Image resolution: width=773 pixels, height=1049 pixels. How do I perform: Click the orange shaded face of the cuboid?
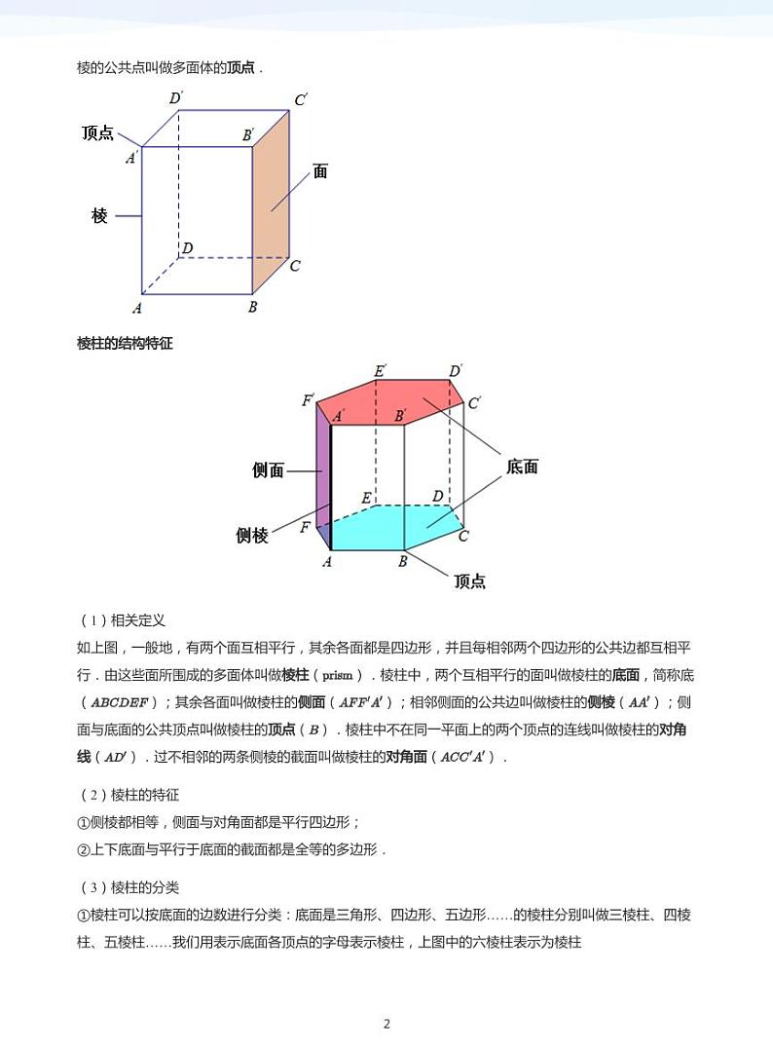pyautogui.click(x=272, y=205)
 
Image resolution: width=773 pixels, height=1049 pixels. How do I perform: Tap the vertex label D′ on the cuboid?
pyautogui.click(x=176, y=97)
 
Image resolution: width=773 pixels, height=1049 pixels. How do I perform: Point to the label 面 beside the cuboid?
pyautogui.click(x=320, y=171)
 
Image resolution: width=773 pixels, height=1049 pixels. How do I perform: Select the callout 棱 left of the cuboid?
pyautogui.click(x=99, y=216)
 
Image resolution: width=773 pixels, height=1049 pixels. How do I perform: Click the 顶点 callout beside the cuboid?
pyautogui.click(x=98, y=133)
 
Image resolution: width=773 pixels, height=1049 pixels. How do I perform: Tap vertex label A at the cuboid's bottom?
pyautogui.click(x=137, y=309)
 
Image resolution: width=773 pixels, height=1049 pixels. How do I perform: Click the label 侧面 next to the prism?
pyautogui.click(x=268, y=470)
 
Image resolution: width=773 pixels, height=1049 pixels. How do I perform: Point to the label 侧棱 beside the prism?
pyautogui.click(x=252, y=535)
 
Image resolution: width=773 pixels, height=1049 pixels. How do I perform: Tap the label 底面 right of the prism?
pyautogui.click(x=523, y=467)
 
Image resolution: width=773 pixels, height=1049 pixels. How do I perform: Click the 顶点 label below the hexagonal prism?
pyautogui.click(x=469, y=581)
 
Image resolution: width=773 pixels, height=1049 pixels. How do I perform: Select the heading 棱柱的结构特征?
pyautogui.click(x=125, y=343)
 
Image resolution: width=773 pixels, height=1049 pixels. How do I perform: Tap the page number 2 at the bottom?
pyautogui.click(x=386, y=1023)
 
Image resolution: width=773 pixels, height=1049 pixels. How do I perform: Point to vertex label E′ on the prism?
pyautogui.click(x=381, y=370)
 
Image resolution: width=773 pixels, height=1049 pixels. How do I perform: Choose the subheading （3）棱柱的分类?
pyautogui.click(x=129, y=887)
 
